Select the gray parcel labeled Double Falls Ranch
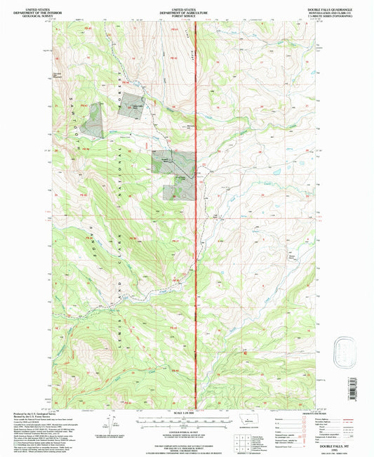coord(132,106)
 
